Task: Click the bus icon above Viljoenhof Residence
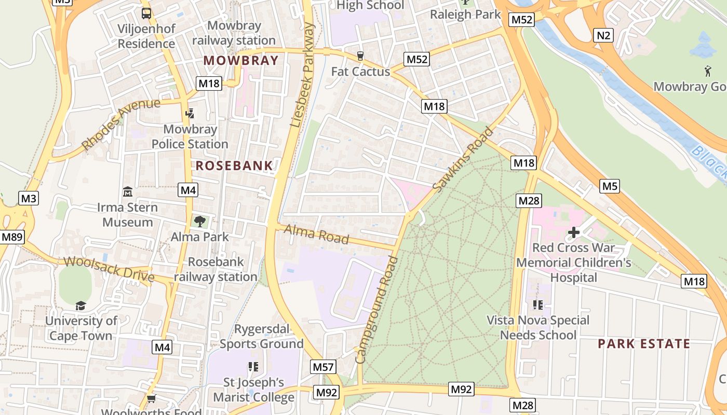146,13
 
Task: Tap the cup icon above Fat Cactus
360,56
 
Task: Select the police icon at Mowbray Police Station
190,113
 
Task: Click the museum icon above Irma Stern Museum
127,192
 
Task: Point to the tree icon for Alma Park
199,222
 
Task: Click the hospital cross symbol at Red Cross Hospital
573,232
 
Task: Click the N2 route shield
603,35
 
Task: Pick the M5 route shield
610,186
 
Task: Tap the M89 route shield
12,237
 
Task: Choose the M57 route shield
323,367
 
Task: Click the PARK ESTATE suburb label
644,343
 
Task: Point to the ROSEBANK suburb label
234,166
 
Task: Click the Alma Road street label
316,234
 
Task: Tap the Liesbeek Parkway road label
303,75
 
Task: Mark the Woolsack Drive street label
109,268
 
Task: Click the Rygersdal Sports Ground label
261,336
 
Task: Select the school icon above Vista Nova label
537,305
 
